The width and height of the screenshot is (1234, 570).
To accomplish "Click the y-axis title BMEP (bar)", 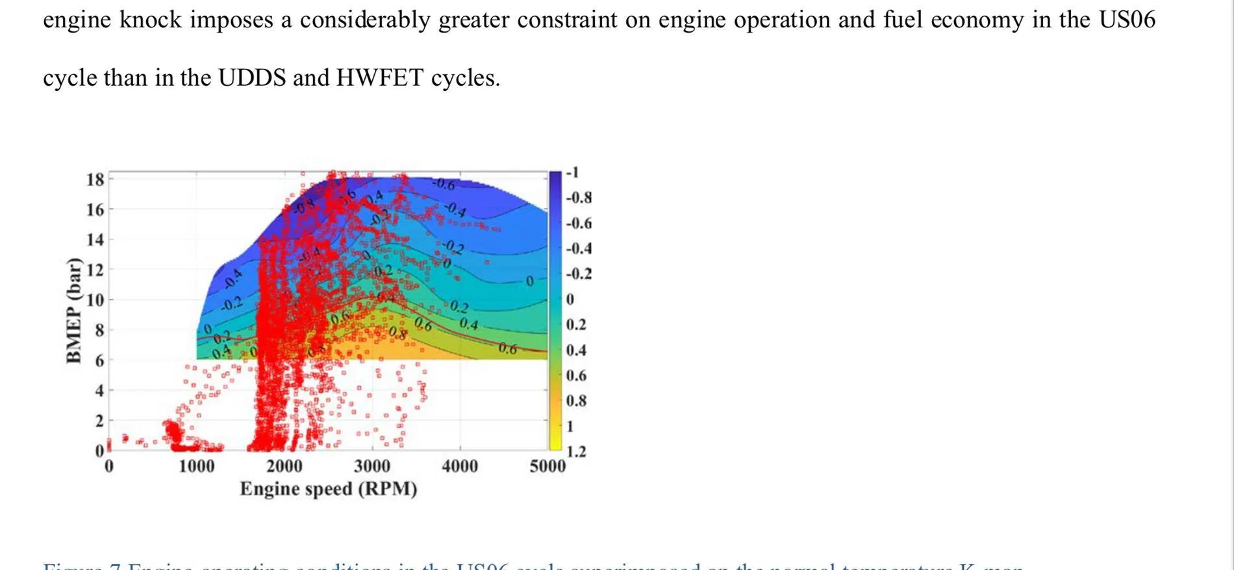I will (x=74, y=311).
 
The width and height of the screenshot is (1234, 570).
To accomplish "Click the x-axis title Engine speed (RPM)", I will (x=329, y=489).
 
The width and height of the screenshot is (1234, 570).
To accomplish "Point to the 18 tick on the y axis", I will (x=95, y=179).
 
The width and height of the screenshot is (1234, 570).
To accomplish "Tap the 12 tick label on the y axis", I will (x=95, y=270).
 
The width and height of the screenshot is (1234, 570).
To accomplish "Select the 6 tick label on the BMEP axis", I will (x=99, y=361).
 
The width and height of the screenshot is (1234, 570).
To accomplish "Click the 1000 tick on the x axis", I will (x=196, y=466).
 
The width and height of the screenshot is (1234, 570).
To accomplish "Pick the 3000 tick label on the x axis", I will (x=372, y=466).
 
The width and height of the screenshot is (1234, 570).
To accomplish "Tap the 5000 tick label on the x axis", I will (x=548, y=466).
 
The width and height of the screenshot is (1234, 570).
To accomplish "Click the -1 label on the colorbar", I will (x=572, y=173).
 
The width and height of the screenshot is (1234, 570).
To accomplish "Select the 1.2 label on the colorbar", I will (x=576, y=452).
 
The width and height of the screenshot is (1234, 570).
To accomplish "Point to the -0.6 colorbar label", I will (x=579, y=224).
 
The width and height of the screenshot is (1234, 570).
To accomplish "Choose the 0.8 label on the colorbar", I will (x=576, y=401).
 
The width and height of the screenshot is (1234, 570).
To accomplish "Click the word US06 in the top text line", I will (x=1127, y=20).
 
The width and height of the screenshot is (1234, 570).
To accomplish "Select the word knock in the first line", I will (x=151, y=20).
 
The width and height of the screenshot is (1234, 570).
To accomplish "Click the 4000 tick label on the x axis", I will (x=460, y=466).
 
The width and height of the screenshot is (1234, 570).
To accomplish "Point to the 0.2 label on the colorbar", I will (x=576, y=325).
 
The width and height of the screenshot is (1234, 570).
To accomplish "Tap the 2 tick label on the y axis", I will (x=99, y=421).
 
